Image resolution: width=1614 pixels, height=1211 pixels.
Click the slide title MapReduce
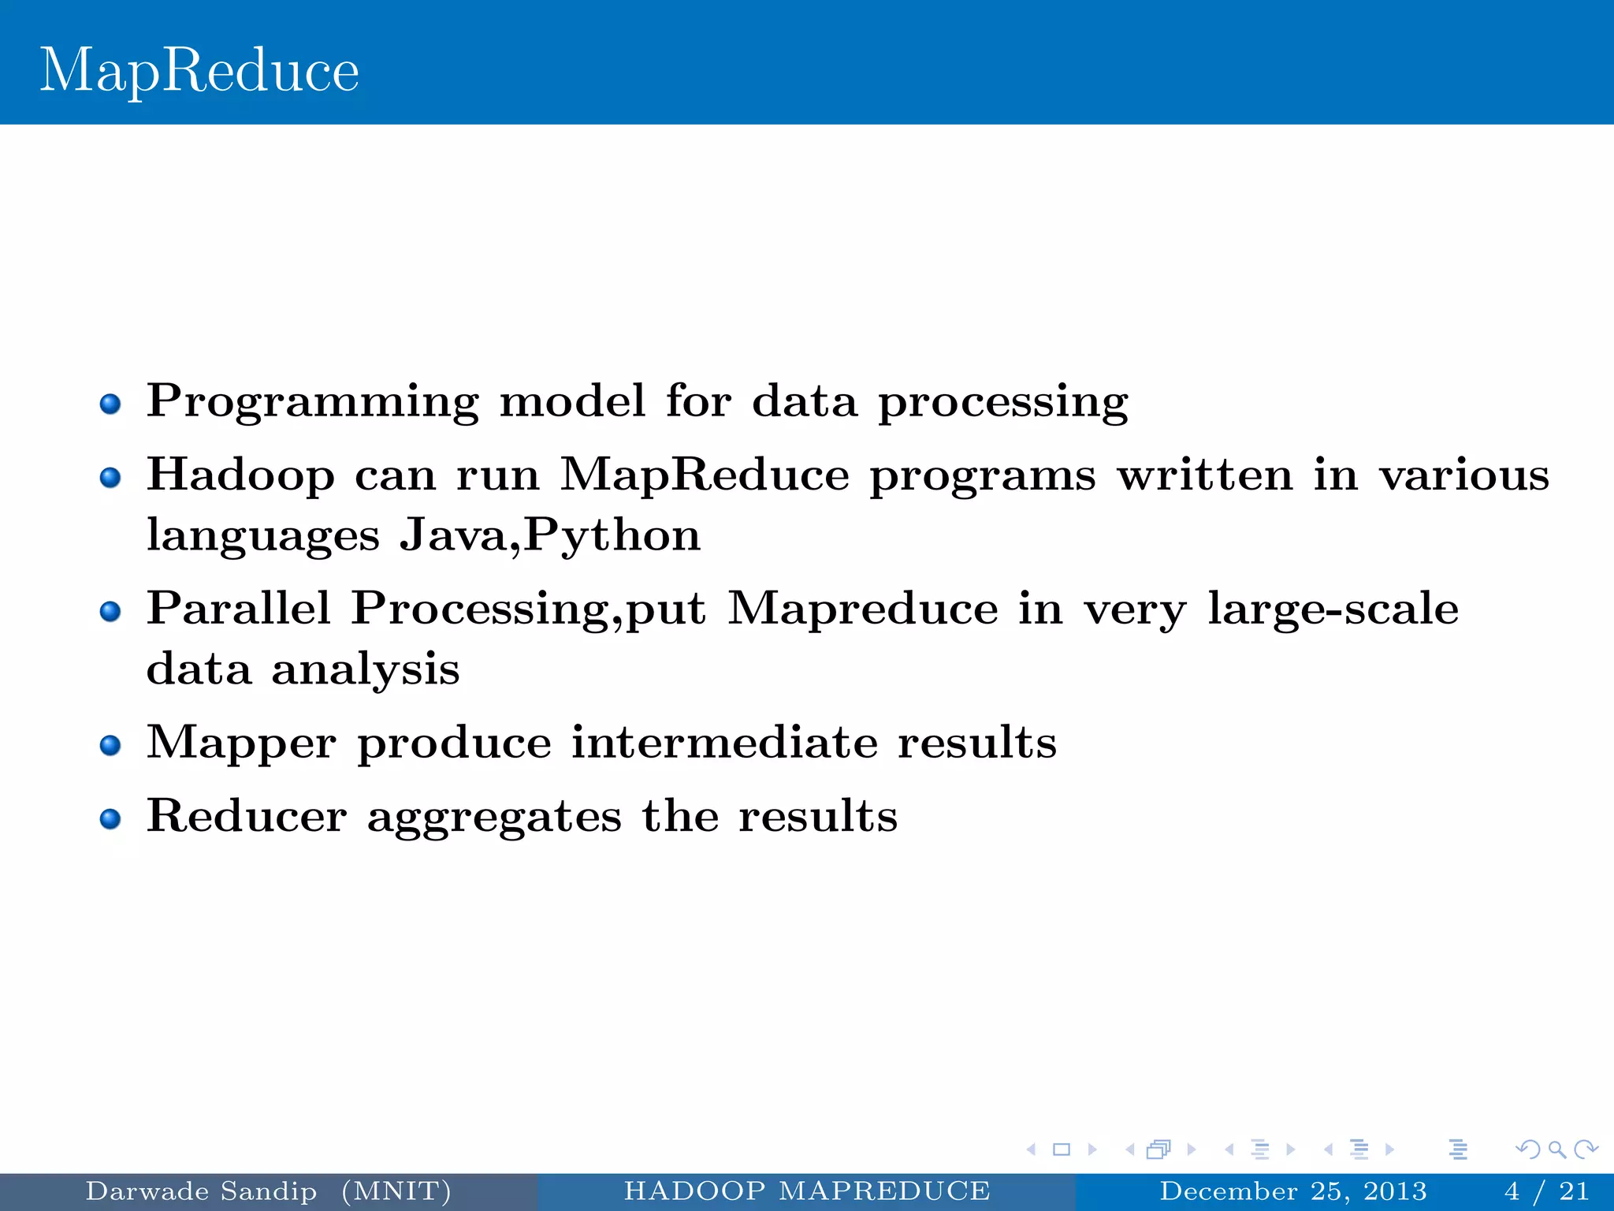pos(199,71)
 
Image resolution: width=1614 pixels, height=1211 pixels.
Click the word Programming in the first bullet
pos(312,401)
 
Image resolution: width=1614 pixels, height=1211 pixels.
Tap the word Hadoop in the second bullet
pos(240,475)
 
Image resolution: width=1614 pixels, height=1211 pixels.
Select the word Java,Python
pos(549,535)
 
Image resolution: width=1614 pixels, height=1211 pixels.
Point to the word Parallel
pos(238,609)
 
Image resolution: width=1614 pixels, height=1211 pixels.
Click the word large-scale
pos(1333,609)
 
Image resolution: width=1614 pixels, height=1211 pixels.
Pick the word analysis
pos(366,669)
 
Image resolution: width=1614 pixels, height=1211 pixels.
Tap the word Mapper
pos(241,743)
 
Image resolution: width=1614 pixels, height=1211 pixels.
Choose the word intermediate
pos(724,743)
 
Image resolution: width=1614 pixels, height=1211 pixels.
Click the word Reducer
pos(247,816)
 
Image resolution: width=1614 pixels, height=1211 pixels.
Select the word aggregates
pos(494,818)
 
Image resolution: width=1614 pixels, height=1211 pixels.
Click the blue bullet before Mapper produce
pos(110,745)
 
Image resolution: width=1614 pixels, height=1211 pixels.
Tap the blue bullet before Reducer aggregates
pos(110,819)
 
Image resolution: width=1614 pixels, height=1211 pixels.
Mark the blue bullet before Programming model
pos(110,404)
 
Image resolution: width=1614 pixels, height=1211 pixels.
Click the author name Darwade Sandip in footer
pos(201,1191)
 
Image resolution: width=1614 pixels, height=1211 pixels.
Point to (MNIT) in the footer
pos(396,1191)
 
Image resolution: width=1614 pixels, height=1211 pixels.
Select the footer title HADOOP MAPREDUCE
pos(807,1191)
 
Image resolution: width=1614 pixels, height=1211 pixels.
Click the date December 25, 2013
pos(1293,1191)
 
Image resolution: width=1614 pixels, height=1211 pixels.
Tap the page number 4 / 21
pos(1546,1191)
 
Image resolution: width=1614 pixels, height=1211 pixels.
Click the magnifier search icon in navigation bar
pos(1556,1150)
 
